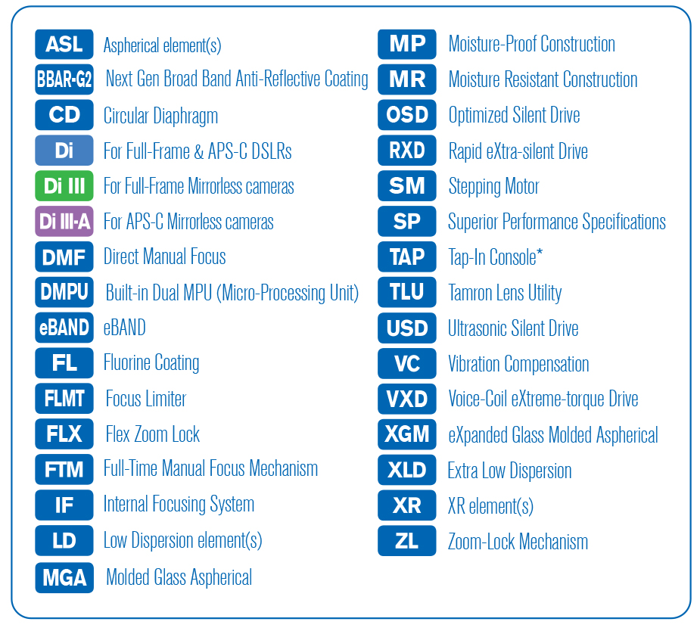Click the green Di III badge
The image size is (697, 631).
64,186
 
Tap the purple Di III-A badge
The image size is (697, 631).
64,222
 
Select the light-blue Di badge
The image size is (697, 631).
64,151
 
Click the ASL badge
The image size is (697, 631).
64,45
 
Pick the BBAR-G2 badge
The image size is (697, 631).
64,79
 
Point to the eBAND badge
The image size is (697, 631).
64,328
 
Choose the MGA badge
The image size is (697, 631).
64,577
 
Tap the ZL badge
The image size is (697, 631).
407,541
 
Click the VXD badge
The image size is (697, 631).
407,399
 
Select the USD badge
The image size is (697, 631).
407,328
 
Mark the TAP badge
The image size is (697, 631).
407,257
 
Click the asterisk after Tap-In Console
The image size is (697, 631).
539,253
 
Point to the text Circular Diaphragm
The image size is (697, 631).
160,116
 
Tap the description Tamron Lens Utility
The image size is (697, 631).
505,293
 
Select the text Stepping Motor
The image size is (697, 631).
493,186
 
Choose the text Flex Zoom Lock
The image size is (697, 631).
153,434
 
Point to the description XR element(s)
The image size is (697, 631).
490,506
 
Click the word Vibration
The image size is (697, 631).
479,364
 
